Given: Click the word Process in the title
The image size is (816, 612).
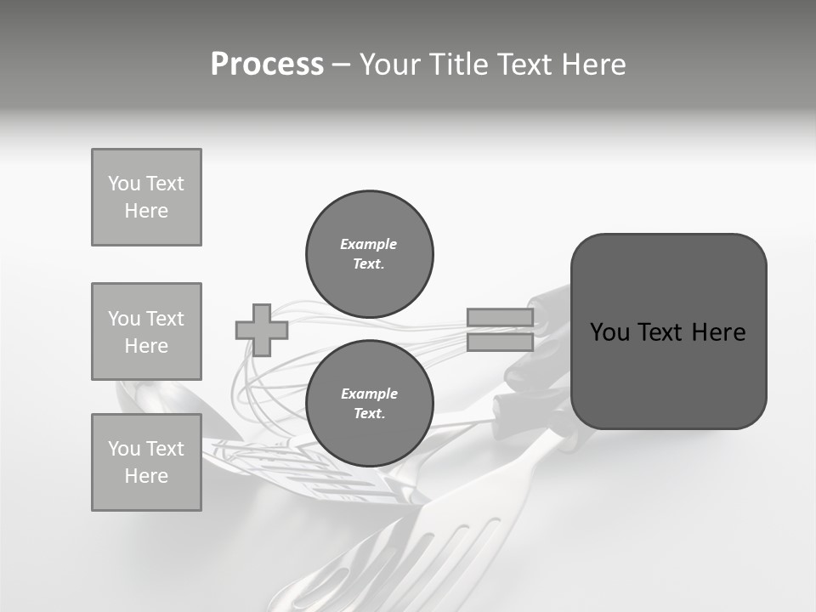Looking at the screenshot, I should point(267,65).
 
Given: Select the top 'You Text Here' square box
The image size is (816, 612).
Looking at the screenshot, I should point(146,197).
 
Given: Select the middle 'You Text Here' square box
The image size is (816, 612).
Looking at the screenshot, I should point(146,331).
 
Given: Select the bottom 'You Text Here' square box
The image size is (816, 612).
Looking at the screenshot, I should point(146,462).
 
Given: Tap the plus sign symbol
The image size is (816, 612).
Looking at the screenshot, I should point(262,330).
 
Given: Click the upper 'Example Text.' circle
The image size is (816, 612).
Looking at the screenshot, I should point(369,253).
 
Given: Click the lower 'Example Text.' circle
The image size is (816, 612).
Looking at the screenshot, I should point(369,403).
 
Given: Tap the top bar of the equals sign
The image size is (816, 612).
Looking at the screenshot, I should point(500,318).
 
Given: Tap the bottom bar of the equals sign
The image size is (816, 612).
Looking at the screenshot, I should point(500,343).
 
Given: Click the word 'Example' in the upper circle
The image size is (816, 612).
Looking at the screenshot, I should point(369,244).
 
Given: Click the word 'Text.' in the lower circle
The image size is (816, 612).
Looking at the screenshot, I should point(369,414).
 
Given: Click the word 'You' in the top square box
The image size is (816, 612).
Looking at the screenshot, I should point(123,184).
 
